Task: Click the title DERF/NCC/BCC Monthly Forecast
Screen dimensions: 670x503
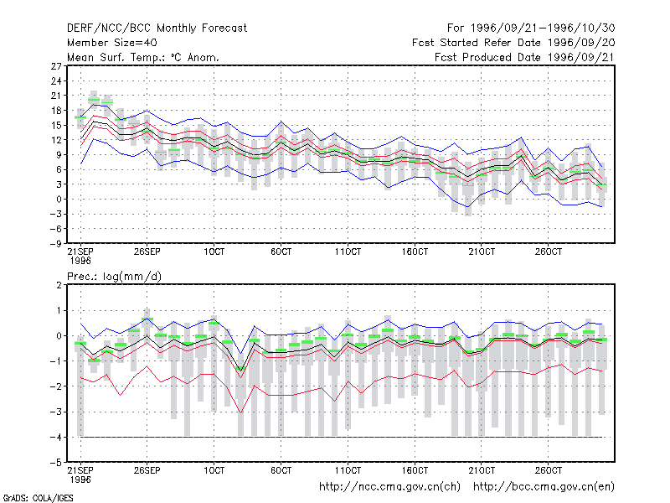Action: click(157, 29)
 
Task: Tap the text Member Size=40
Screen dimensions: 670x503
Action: click(112, 43)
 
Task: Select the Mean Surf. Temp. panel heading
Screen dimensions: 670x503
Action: click(143, 57)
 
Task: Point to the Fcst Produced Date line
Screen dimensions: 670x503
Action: click(525, 57)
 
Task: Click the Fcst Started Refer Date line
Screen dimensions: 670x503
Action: click(513, 43)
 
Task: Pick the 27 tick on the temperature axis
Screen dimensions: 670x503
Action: click(56, 66)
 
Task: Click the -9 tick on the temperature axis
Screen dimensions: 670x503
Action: click(55, 244)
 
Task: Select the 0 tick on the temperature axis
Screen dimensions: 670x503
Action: click(59, 200)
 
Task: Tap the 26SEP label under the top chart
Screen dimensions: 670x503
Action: click(147, 251)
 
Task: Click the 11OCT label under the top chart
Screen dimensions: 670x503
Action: click(348, 251)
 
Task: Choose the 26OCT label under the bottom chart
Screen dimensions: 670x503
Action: click(549, 470)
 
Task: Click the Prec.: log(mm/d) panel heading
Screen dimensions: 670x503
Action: click(115, 277)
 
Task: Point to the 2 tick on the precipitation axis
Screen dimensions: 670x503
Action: click(59, 285)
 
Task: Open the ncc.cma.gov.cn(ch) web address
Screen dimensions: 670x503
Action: click(389, 487)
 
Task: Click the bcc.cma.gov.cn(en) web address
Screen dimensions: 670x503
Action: click(544, 487)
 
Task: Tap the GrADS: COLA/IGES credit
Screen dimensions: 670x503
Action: click(38, 498)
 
